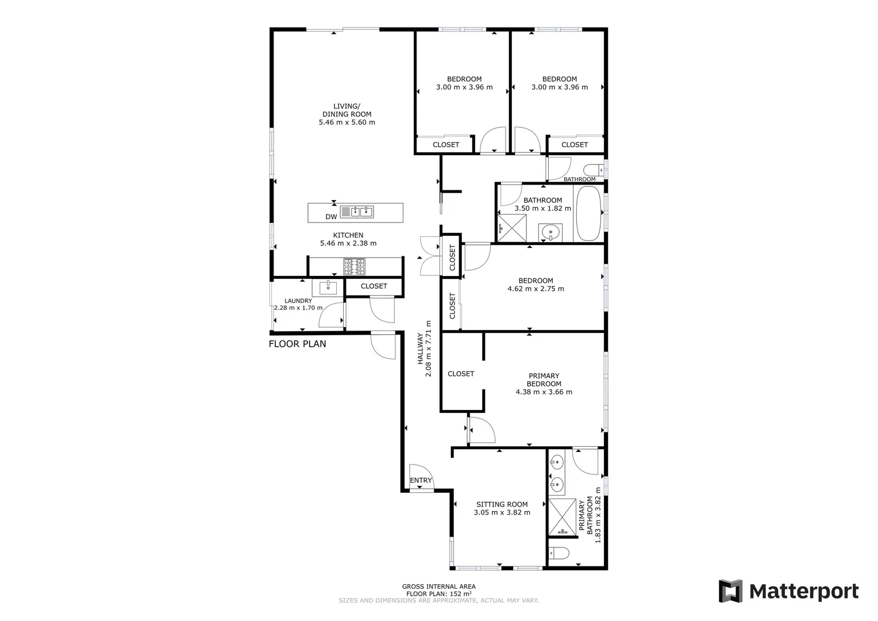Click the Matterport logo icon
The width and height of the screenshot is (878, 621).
pos(730,591)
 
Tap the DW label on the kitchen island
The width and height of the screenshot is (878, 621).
pos(331,217)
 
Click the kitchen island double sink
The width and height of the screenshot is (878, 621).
pos(357,212)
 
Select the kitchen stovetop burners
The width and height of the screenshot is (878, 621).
pos(354,267)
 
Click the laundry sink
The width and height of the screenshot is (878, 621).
pos(328,287)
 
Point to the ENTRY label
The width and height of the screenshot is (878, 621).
pos(421,481)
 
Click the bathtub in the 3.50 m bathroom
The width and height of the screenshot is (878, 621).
pos(588,216)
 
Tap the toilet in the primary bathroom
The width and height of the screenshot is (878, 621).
pos(559,553)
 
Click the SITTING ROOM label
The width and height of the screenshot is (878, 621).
pos(502,504)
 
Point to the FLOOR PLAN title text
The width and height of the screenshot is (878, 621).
pos(297,344)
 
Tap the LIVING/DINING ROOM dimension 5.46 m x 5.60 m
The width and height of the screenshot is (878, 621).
pos(346,122)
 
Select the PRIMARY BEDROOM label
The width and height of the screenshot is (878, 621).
pos(544,380)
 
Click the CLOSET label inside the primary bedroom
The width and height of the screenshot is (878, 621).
pos(461,374)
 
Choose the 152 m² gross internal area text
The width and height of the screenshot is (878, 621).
pos(439,593)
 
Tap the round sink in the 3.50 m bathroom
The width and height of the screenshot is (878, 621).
pos(550,233)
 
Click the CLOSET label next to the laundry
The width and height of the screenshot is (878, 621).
pos(373,286)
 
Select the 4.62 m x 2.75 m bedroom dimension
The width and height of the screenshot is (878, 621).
pos(536,289)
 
